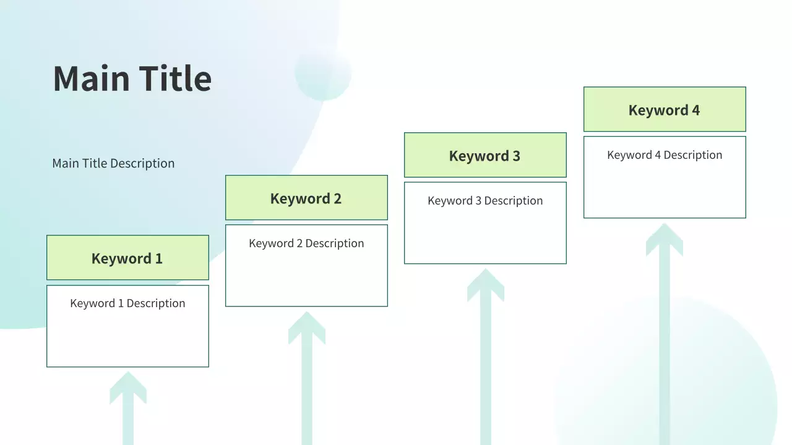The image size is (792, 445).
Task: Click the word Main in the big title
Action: coord(91,78)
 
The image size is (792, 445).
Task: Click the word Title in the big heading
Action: coord(175,78)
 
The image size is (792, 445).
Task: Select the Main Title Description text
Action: coord(113,163)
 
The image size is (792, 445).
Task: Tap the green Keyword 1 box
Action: coord(127,258)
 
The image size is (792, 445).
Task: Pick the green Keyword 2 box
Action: coord(306,197)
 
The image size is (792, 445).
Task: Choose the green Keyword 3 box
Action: coord(486,155)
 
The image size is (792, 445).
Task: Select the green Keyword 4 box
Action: coord(665,109)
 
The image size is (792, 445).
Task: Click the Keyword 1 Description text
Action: coord(127,303)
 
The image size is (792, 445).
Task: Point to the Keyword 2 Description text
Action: coord(306,243)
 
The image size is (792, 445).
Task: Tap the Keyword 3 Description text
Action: coord(486,201)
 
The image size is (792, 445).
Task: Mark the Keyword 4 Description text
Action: coord(665,155)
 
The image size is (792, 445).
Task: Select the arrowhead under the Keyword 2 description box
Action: coord(307,328)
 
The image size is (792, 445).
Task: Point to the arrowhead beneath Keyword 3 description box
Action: coord(486,285)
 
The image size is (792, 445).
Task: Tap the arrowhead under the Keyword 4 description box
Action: coord(665,240)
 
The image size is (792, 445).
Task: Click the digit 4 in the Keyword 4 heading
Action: coord(696,110)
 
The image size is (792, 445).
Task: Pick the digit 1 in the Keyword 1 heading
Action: coord(159,258)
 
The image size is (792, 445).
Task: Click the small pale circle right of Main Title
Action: coord(323,73)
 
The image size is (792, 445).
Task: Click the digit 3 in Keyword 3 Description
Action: coord(478,201)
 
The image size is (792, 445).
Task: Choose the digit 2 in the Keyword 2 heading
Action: coord(338,198)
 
